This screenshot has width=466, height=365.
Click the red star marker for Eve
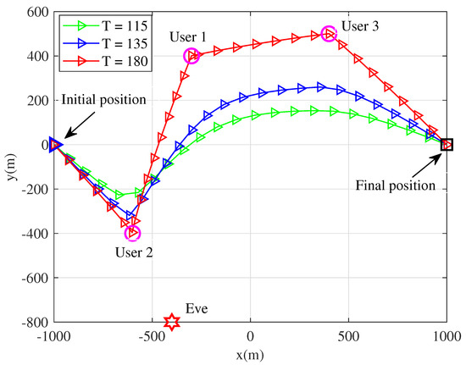point(171,322)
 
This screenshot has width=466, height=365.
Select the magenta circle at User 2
point(132,233)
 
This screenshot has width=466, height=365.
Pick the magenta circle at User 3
point(330,34)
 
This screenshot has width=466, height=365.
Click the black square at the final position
point(447,145)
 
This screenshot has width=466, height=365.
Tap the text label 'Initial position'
point(103,99)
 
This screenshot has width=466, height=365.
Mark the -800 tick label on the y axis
point(32,322)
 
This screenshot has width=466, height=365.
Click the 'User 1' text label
point(187,38)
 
